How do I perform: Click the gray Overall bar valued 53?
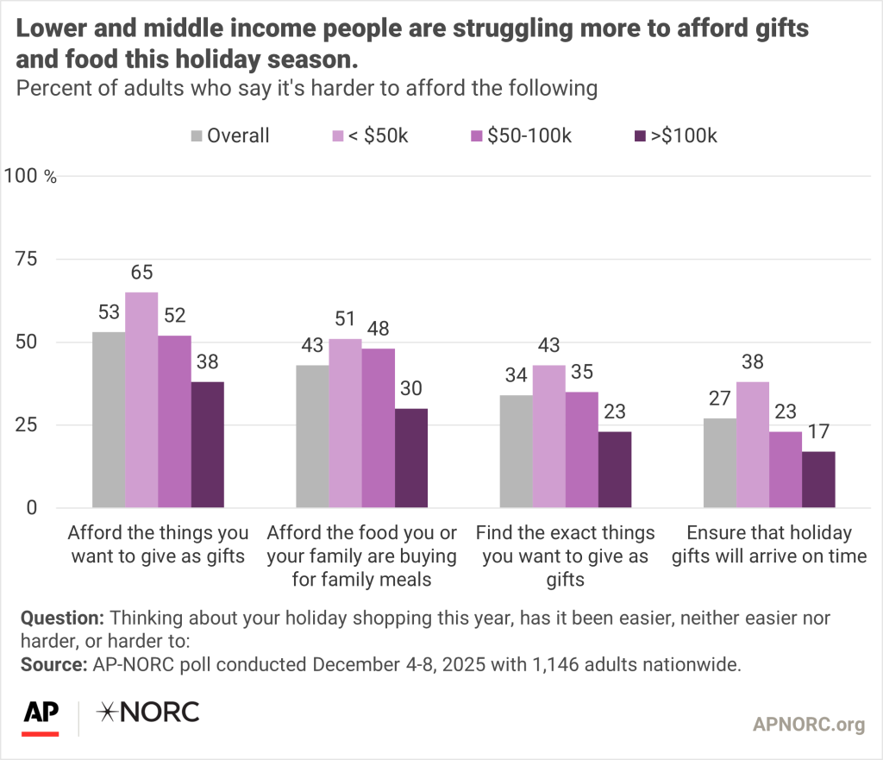click(x=110, y=419)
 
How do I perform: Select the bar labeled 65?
click(x=142, y=399)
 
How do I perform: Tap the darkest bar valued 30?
click(x=411, y=457)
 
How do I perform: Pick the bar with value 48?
click(x=379, y=428)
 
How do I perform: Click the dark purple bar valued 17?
click(x=818, y=479)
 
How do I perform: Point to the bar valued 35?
click(x=582, y=449)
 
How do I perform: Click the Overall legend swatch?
click(x=196, y=136)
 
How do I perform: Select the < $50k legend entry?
click(x=371, y=135)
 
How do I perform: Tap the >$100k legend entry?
click(x=676, y=135)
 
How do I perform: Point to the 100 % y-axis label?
click(x=31, y=177)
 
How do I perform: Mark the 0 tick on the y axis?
click(x=33, y=508)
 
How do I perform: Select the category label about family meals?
click(x=361, y=556)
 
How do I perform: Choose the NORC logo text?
click(x=147, y=712)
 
